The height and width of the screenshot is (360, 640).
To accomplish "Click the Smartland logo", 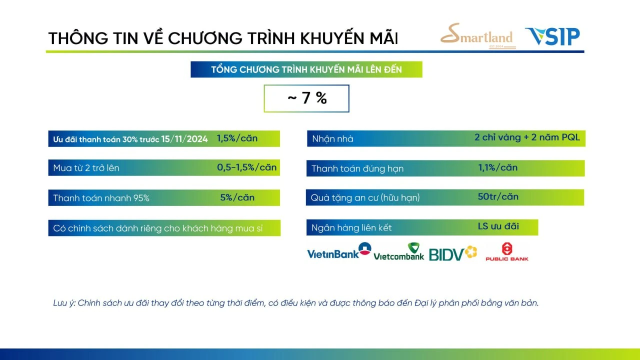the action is [x=478, y=36].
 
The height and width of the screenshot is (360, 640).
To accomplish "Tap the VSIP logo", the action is [x=552, y=36].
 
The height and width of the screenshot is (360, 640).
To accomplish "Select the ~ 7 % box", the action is [x=306, y=98].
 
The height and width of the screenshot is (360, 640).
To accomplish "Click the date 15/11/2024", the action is [x=184, y=139].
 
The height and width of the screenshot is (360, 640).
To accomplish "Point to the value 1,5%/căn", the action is [x=237, y=138].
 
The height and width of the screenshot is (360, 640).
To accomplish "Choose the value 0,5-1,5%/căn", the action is [x=246, y=167].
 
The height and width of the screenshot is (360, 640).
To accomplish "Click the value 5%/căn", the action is [x=237, y=197].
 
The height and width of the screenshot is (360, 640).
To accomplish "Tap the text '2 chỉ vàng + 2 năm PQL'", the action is [x=527, y=137].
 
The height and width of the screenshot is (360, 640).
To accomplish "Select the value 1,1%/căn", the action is [x=497, y=167].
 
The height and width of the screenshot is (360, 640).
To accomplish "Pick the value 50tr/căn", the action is [x=498, y=196].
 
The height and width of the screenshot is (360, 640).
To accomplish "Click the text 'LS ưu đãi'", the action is [x=498, y=226].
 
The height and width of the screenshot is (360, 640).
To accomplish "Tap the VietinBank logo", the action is [x=339, y=251].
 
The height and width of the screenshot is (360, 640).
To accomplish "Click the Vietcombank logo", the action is [x=399, y=251].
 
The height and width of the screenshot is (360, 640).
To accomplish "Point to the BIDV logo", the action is [x=453, y=253].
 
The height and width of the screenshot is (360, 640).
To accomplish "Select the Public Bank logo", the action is [x=507, y=251].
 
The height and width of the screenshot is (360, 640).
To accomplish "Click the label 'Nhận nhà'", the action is [x=332, y=139].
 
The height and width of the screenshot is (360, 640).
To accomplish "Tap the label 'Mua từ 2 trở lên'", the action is [x=86, y=168].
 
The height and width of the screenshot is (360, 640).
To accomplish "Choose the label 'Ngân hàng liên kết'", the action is [x=351, y=227].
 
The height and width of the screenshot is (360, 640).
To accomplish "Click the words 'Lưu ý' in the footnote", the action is [x=64, y=303].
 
